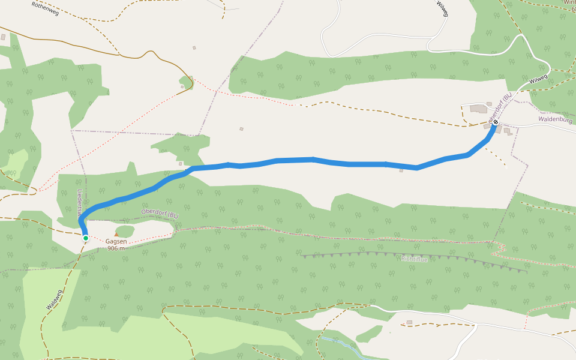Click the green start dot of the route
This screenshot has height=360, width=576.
(86, 238)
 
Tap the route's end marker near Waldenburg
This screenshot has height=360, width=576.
(496, 122)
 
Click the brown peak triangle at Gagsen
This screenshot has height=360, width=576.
(116, 235)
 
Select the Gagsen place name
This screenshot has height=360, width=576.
(115, 242)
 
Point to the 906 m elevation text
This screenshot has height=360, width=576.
(115, 248)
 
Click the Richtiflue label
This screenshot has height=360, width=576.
(414, 259)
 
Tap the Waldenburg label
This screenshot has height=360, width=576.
(555, 119)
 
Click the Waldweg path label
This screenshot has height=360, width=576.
(54, 300)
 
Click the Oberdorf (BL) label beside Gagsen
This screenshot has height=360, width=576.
(160, 214)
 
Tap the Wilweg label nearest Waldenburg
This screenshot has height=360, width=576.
(538, 79)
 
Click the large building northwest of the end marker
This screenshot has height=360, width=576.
(479, 109)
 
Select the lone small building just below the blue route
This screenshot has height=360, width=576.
(401, 170)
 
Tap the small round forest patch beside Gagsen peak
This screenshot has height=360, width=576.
(125, 231)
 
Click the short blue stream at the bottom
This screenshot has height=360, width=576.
(339, 345)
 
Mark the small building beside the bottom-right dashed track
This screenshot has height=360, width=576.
(409, 322)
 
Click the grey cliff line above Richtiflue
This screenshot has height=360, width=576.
(414, 254)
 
